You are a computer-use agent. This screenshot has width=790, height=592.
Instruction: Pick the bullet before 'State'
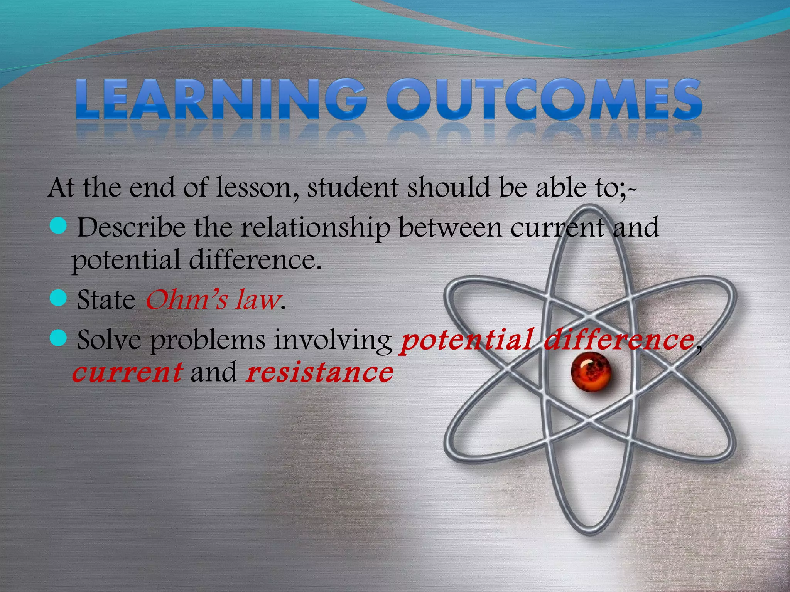[59, 298]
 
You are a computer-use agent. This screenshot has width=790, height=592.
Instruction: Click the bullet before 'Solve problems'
[59, 338]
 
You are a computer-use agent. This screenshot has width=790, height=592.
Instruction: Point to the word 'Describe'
[131, 227]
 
